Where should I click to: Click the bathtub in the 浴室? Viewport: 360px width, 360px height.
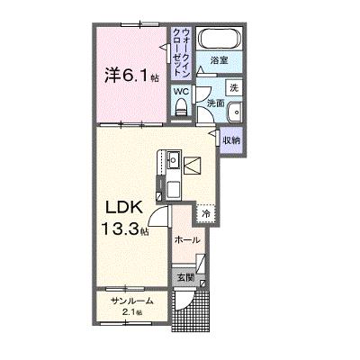(220, 38)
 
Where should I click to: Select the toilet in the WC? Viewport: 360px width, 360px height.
(180, 107)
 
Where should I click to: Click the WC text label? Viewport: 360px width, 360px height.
(181, 92)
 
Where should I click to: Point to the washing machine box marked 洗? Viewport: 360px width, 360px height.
(234, 87)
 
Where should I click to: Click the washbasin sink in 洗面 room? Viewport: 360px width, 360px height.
(234, 112)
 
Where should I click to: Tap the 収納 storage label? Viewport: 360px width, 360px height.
(231, 140)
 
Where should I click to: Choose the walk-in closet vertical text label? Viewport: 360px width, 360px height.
(182, 53)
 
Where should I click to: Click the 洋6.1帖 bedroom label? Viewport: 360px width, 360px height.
(131, 75)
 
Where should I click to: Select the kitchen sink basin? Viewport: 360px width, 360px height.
(174, 160)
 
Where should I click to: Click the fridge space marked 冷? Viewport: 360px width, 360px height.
(206, 213)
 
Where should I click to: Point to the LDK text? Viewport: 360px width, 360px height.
(123, 208)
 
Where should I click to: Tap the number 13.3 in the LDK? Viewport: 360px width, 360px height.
(120, 229)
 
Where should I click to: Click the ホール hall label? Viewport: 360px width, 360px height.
(187, 240)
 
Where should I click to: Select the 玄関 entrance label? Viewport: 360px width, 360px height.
(185, 278)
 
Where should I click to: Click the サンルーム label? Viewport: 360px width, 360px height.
(132, 301)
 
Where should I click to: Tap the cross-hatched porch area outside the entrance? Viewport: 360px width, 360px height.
(190, 312)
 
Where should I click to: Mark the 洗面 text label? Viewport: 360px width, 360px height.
(216, 103)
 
